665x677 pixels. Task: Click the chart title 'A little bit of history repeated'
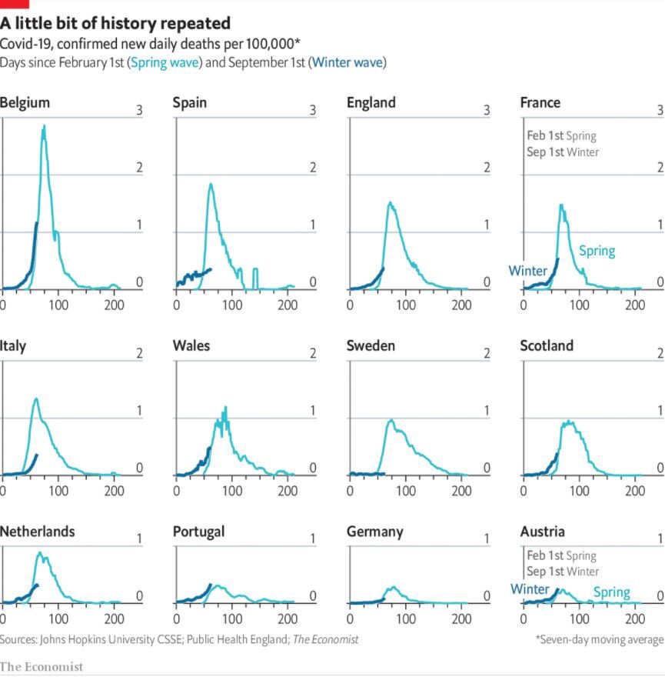pos(115,23)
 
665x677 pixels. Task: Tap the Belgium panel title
pos(25,103)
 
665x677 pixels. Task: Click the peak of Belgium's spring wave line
pos(44,126)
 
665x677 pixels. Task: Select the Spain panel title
pos(189,103)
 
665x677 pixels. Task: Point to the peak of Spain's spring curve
pos(210,185)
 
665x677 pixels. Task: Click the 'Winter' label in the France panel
pos(527,271)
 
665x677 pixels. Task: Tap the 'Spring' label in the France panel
pos(597,251)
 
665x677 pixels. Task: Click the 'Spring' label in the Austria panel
pos(611,592)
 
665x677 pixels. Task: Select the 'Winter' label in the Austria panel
pos(530,589)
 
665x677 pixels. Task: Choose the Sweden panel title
pos(371,345)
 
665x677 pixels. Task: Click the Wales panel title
pos(191,345)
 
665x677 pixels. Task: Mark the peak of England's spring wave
pos(391,203)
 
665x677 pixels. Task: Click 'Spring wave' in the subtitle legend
pos(165,62)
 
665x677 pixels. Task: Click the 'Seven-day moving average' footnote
pos(600,639)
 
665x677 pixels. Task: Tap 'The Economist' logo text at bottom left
pos(42,666)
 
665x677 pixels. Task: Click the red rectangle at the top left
pos(14,3)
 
